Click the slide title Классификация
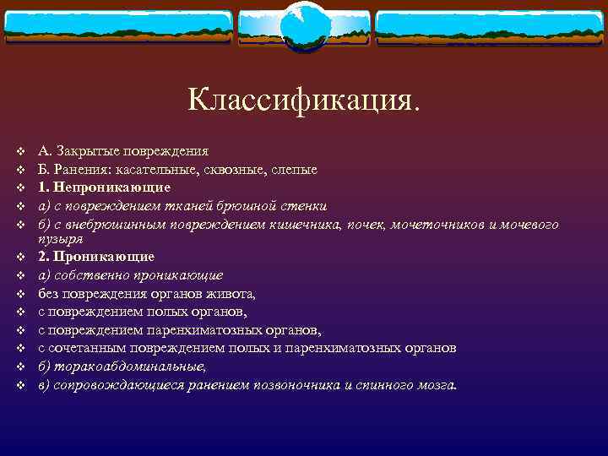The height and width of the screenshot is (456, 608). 303,100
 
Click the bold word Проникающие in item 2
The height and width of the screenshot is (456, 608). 103,256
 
